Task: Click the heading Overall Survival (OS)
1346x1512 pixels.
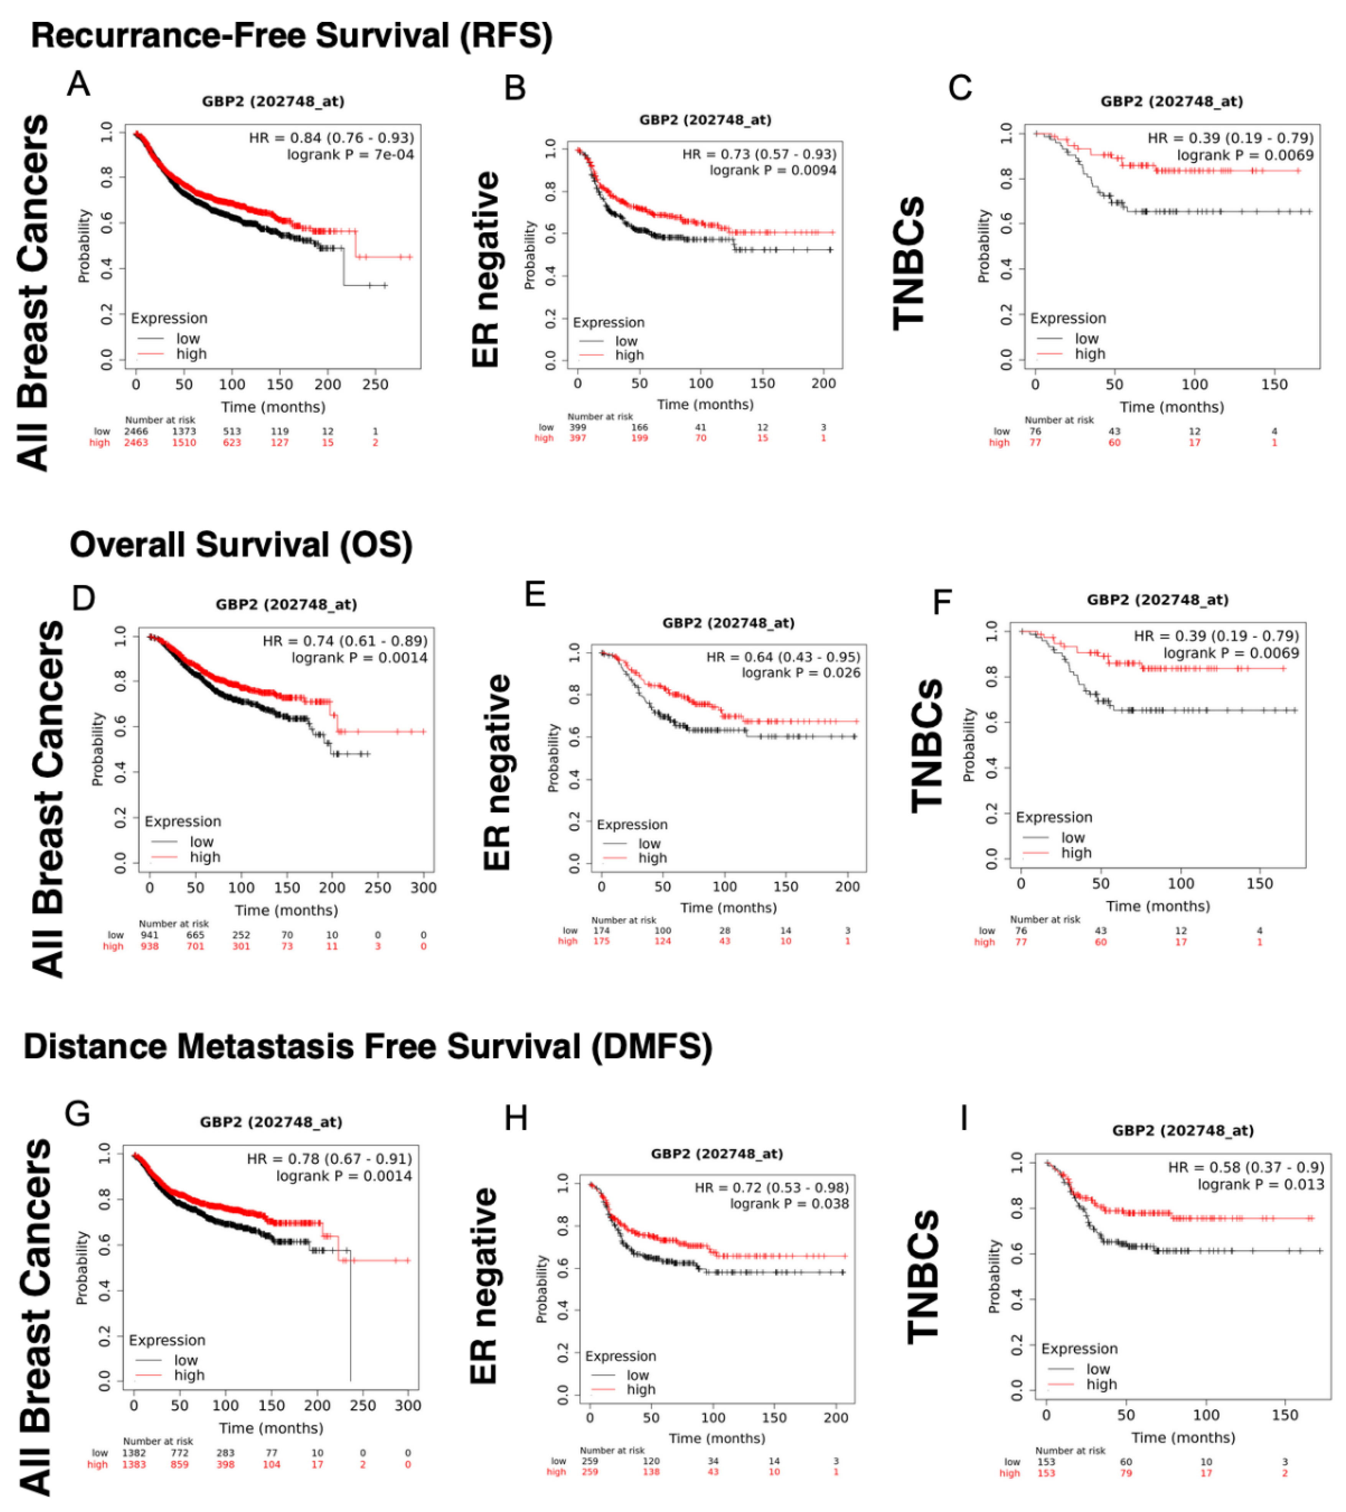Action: click(241, 545)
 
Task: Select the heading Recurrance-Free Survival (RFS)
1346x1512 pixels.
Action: click(291, 36)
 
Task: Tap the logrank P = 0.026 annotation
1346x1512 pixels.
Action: click(801, 672)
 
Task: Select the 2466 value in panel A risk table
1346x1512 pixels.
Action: click(136, 431)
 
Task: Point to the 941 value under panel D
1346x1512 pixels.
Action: click(150, 935)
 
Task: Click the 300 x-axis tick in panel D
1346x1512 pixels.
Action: click(423, 888)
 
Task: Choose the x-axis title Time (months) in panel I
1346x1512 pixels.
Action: click(1183, 1437)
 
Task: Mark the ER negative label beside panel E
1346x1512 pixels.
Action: click(496, 772)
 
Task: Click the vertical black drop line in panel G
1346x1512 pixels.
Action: click(350, 1317)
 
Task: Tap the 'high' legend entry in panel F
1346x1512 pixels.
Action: click(1076, 853)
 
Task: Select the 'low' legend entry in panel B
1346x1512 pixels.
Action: click(626, 341)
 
